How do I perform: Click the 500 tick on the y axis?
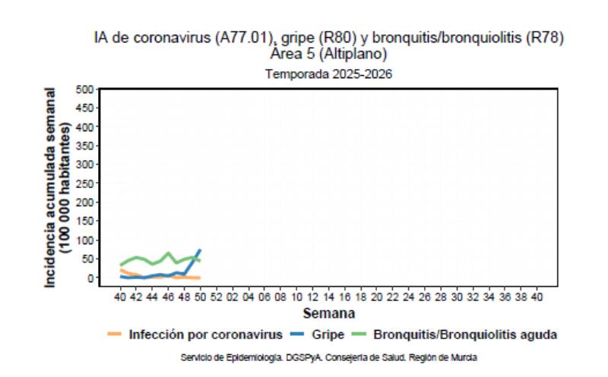click(84, 90)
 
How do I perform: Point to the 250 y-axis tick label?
click(84, 184)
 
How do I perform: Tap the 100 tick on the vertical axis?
click(84, 240)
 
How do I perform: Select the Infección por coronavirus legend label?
click(206, 335)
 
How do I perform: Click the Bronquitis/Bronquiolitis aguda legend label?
click(466, 335)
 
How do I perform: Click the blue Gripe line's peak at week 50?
click(200, 250)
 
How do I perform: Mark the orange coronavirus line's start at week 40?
click(121, 269)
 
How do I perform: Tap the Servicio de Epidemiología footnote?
click(328, 357)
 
